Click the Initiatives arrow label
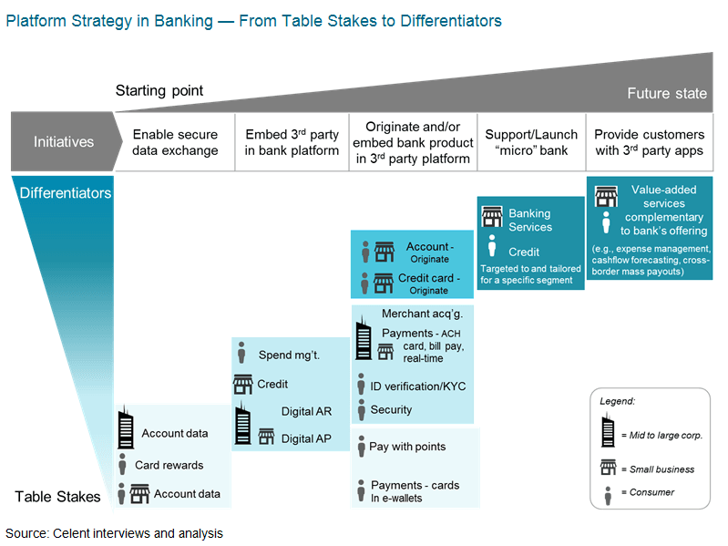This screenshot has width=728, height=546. coord(64,141)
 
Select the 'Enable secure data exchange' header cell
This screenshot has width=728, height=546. coord(176,142)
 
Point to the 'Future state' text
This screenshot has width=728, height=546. coord(666,94)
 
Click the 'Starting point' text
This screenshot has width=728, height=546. coord(159,90)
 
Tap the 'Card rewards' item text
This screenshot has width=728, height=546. coord(169,465)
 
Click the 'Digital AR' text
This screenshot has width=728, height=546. coord(306,411)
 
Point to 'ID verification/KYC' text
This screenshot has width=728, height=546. coord(417,386)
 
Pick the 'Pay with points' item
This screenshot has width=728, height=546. coord(407,447)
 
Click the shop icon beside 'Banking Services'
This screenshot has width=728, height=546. coord(492,217)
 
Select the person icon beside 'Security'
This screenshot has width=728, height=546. coord(362,409)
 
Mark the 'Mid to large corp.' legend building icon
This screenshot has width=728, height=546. coord(608,428)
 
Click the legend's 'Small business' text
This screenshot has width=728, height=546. coord(661,469)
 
